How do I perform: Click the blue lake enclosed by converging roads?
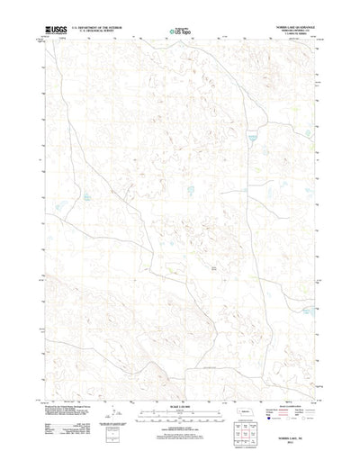tap(251, 139)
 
